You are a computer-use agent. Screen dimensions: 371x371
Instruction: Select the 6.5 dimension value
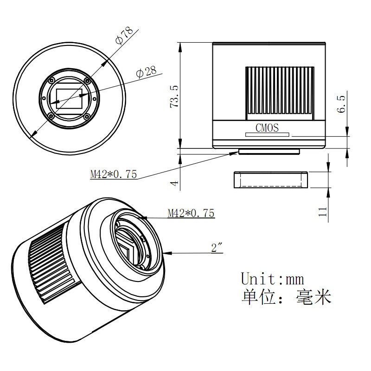tap(342, 103)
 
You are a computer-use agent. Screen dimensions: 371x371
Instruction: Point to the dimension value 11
tap(323, 211)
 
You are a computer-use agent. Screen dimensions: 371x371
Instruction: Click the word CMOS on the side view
tap(267, 128)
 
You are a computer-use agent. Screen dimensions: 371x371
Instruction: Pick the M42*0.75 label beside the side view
tap(114, 174)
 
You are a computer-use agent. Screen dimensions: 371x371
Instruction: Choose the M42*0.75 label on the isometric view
tap(191, 213)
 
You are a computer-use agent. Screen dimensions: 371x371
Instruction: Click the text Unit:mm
tap(273, 279)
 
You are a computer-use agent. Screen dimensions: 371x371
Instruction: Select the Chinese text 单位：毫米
tap(286, 297)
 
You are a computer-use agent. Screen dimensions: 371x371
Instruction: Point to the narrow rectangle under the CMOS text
tap(267, 135)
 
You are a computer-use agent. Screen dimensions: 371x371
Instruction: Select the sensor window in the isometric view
tap(131, 249)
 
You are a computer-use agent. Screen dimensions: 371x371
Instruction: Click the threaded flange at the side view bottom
tap(269, 152)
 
